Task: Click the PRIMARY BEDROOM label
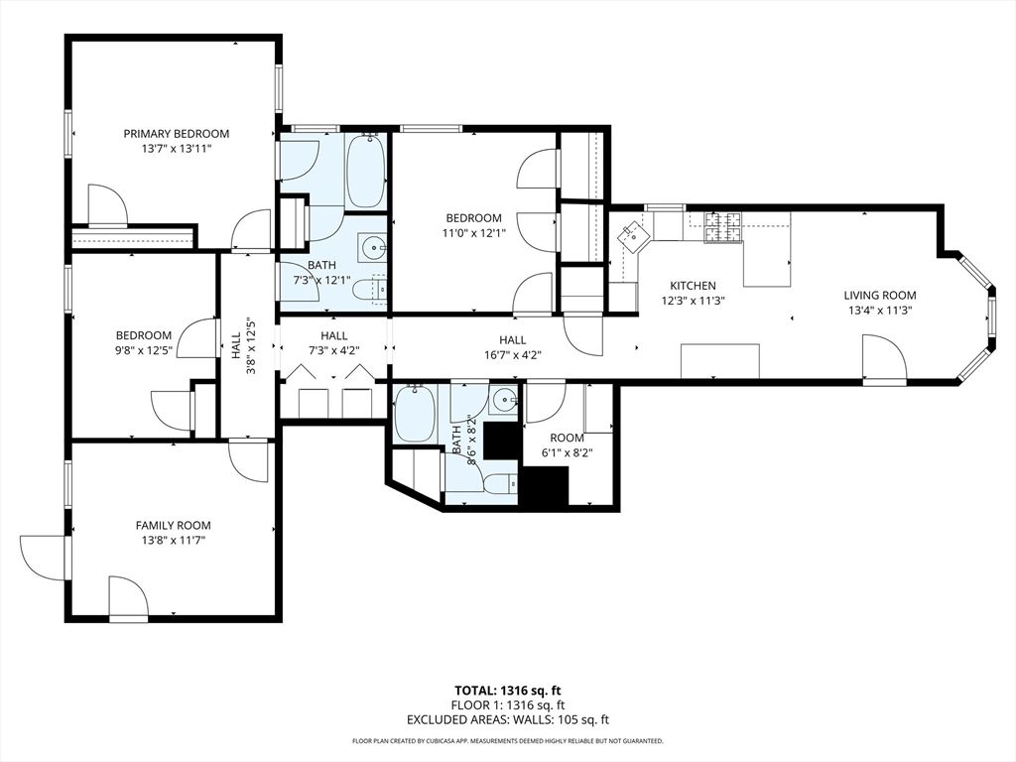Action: pyautogui.click(x=176, y=134)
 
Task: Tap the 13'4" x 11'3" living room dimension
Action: pyautogui.click(x=879, y=310)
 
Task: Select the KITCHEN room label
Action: pyautogui.click(x=692, y=286)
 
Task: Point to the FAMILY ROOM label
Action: pyautogui.click(x=173, y=526)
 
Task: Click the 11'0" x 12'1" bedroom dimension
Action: pyautogui.click(x=473, y=233)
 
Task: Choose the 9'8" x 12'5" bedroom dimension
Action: pyautogui.click(x=143, y=350)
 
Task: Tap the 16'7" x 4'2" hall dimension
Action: pyautogui.click(x=512, y=354)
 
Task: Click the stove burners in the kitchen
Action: pyautogui.click(x=722, y=227)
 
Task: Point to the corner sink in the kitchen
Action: pyautogui.click(x=631, y=235)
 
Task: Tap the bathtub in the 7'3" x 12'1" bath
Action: pyautogui.click(x=365, y=171)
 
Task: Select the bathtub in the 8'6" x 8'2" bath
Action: pyautogui.click(x=414, y=414)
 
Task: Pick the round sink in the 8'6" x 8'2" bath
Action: pyautogui.click(x=504, y=401)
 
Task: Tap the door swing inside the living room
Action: pyautogui.click(x=882, y=358)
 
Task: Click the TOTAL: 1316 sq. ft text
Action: pyautogui.click(x=507, y=690)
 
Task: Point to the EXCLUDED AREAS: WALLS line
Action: pyautogui.click(x=507, y=719)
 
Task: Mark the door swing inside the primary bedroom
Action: pyautogui.click(x=106, y=205)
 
